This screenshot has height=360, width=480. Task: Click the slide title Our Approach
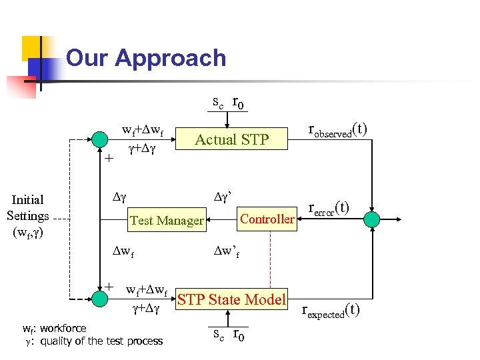[x=146, y=58]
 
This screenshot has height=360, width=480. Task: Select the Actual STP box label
[x=231, y=139]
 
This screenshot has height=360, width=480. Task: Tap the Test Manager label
[x=167, y=220]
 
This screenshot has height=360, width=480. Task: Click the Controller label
[x=267, y=219]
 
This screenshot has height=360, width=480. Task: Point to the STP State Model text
[x=231, y=300]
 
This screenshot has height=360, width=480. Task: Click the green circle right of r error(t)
[x=371, y=219]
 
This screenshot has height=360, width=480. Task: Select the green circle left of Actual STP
[x=99, y=139]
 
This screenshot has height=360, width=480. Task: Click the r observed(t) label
[x=337, y=129]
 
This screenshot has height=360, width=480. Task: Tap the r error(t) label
[x=329, y=209]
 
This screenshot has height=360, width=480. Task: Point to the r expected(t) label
[x=331, y=311]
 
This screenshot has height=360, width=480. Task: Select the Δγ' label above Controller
[x=222, y=197]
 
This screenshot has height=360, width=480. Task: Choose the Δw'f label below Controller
[x=226, y=251]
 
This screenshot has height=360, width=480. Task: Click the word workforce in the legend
[x=63, y=328]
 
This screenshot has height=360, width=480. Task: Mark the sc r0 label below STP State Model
[x=227, y=335]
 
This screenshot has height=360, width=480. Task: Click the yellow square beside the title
[x=35, y=48]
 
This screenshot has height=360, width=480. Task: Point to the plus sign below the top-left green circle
[x=109, y=159]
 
